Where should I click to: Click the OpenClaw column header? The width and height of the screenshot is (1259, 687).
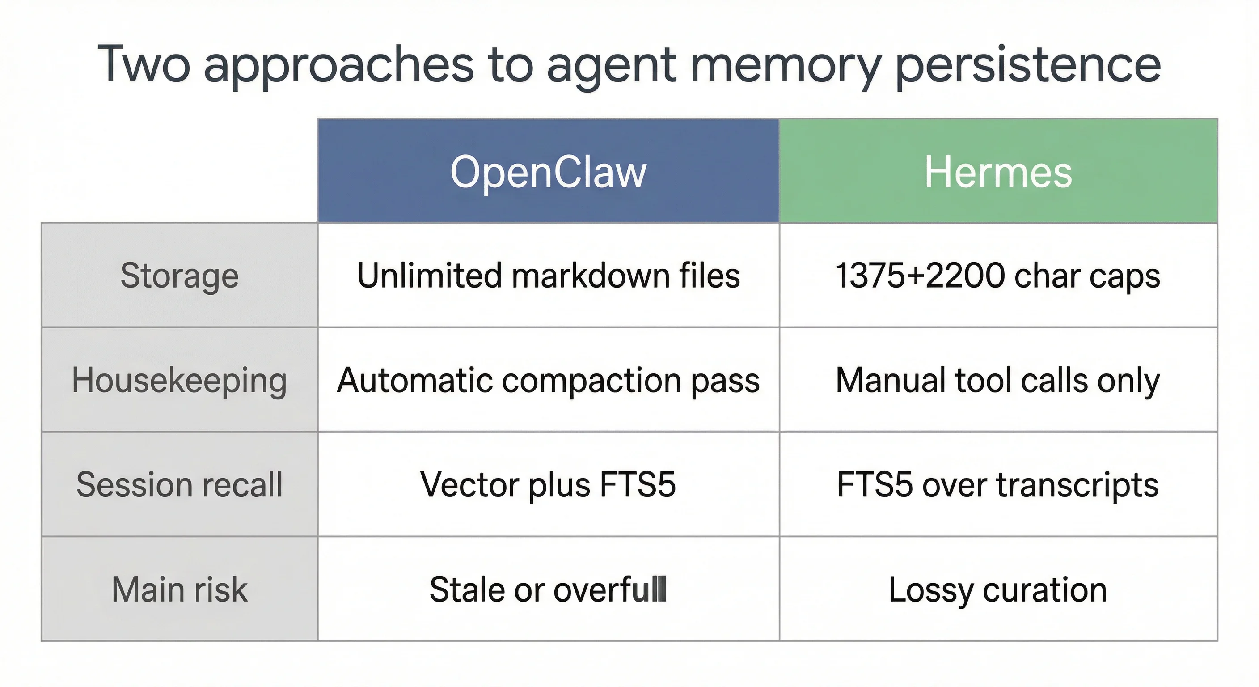click(549, 171)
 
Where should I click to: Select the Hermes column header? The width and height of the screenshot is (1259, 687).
click(998, 171)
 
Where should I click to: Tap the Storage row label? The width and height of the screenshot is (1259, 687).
click(179, 275)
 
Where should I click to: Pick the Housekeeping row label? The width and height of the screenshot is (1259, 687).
click(179, 380)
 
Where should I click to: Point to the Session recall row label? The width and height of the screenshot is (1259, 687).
click(179, 484)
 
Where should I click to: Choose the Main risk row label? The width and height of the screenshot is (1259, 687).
click(179, 589)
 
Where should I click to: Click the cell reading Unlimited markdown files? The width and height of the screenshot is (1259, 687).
click(549, 275)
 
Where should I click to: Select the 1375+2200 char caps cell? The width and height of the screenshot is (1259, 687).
click(998, 275)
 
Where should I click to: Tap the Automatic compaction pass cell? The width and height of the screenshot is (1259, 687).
click(549, 380)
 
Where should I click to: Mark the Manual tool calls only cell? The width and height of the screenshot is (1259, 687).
click(998, 380)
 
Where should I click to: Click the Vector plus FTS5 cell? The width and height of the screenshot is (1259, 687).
click(549, 484)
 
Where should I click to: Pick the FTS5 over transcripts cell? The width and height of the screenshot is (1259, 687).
click(998, 484)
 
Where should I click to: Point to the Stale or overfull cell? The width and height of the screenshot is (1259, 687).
click(549, 589)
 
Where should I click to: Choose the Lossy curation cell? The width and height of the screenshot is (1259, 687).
click(998, 589)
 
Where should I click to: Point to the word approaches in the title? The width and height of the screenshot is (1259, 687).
click(339, 66)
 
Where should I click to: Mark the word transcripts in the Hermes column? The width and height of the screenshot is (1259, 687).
click(1077, 484)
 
